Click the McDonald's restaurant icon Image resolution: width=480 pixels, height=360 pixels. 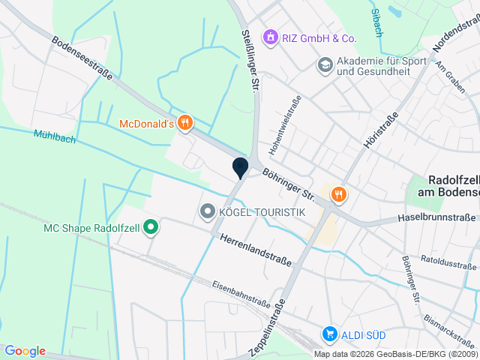[185, 122]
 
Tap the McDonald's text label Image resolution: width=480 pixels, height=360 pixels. [147, 123]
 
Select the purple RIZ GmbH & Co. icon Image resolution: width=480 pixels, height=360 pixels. [269, 37]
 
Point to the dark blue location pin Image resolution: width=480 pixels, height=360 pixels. [240, 167]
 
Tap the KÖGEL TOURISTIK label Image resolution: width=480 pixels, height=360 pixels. [261, 213]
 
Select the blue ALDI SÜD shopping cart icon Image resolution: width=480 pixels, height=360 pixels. [328, 333]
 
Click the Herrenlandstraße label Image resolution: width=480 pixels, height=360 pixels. [256, 250]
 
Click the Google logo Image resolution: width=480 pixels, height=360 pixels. [25, 351]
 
